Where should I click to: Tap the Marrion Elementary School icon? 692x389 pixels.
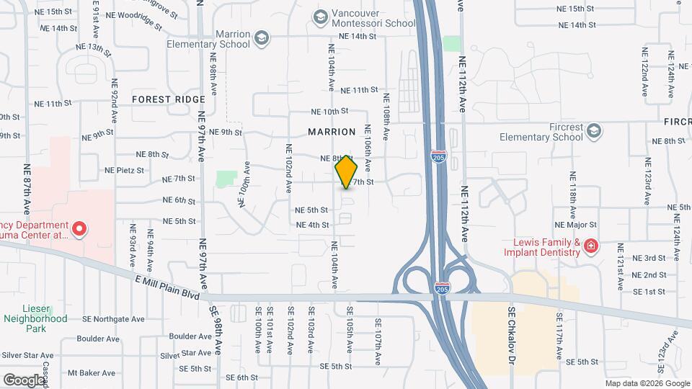[262, 37]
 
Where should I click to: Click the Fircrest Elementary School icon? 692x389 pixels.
[593, 130]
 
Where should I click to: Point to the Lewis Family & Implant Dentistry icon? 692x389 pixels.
[591, 246]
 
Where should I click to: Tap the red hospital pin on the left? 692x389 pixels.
[80, 231]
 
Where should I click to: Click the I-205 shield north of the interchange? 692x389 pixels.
[437, 155]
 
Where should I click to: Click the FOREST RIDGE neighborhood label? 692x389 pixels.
[169, 99]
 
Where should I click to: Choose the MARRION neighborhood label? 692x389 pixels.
[332, 132]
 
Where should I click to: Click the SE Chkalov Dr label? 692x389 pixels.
[512, 336]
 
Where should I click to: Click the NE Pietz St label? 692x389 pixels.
[125, 171]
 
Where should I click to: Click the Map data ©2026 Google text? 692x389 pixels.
[646, 383]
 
